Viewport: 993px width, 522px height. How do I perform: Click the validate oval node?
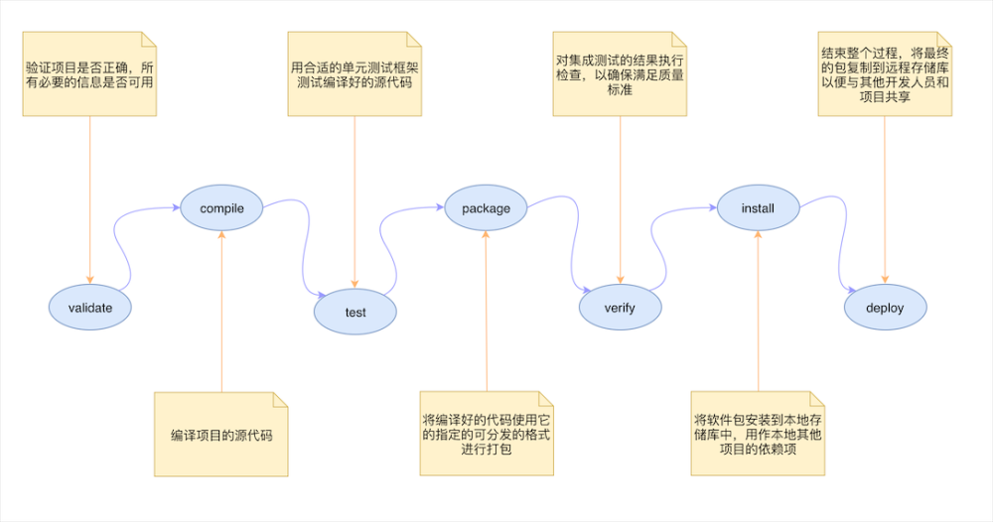(x=90, y=308)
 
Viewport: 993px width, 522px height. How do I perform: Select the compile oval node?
(x=221, y=208)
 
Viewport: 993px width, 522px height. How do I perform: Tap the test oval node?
(x=355, y=313)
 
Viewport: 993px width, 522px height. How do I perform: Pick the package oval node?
(x=487, y=208)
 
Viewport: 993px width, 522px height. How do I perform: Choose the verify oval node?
(x=620, y=308)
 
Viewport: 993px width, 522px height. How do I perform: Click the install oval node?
(x=758, y=208)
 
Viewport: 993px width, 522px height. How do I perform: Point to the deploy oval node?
(x=885, y=308)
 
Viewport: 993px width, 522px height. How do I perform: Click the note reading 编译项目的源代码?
(x=221, y=435)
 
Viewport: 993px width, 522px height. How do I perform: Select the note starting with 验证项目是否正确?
(x=90, y=74)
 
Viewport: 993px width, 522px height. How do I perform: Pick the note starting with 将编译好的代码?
(x=487, y=435)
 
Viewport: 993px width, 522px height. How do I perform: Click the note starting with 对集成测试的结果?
(x=620, y=74)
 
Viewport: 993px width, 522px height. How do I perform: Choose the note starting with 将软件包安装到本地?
(x=758, y=435)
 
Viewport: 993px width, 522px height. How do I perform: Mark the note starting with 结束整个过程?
(x=885, y=74)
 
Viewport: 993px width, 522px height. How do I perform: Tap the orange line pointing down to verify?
(x=620, y=198)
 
